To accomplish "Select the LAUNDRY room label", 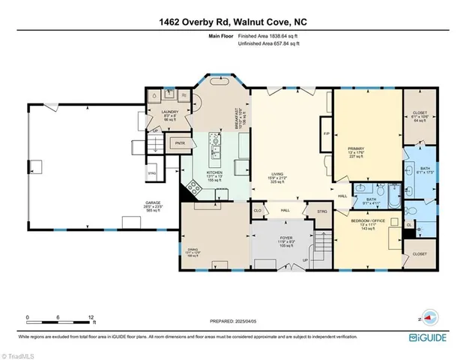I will coord(169,112).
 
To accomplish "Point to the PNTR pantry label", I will coord(180,142).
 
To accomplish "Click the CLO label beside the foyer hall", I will coord(258,211).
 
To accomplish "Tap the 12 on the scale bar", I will coord(92,318).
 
